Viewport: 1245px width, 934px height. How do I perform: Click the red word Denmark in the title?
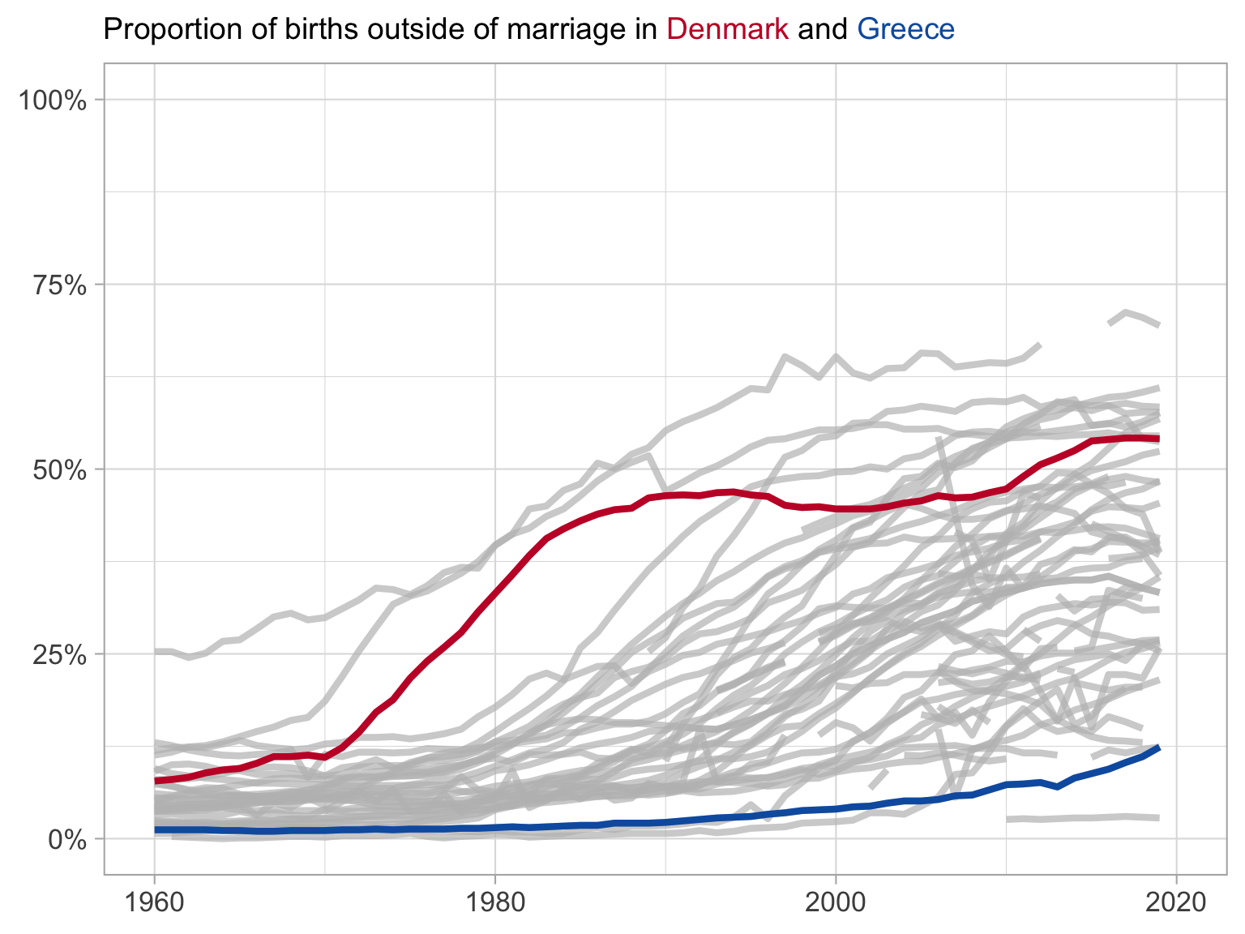point(727,30)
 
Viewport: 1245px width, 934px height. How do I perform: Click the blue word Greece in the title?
point(905,30)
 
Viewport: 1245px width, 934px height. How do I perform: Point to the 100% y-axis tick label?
point(52,101)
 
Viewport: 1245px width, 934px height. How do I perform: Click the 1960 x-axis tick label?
point(154,902)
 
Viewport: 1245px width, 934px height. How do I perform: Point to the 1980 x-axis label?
point(494,902)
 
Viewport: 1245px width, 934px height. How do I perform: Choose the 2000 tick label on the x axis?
point(836,902)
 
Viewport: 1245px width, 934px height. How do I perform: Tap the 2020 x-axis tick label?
point(1176,902)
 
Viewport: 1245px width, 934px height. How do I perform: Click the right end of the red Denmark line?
point(1158,439)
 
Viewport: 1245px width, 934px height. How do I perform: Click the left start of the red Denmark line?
point(156,781)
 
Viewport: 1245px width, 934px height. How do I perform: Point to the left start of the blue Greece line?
point(156,830)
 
